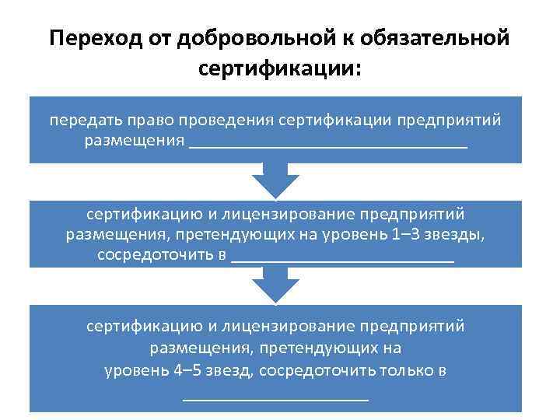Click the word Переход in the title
pyautogui.click(x=88, y=39)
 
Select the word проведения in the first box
pyautogui.click(x=226, y=121)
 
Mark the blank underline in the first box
pyautogui.click(x=327, y=145)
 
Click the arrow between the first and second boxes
pyautogui.click(x=275, y=182)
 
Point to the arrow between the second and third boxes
pyautogui.click(x=275, y=286)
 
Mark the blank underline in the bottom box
pyautogui.click(x=275, y=397)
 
